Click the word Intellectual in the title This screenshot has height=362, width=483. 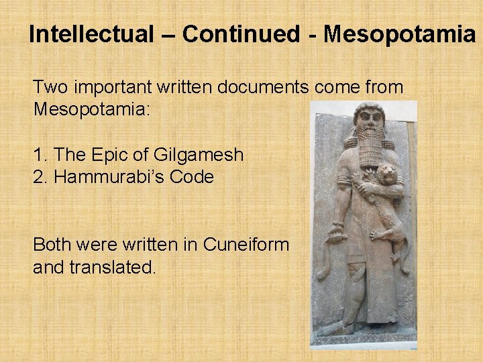(91, 34)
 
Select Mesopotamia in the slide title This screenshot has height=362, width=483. (398, 34)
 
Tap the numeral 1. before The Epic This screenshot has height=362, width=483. (40, 156)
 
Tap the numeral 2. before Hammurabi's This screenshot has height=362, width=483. (40, 177)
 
